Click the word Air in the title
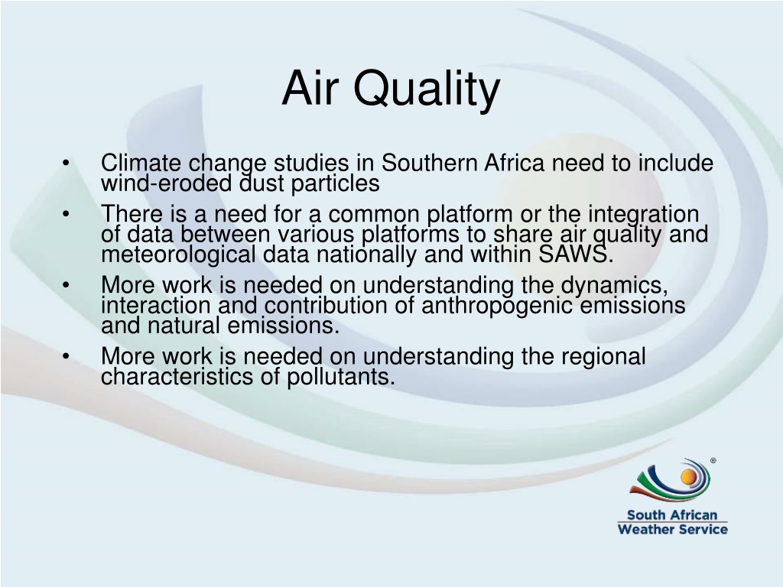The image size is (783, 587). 310,88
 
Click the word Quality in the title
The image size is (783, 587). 427,91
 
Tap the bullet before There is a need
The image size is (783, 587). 66,214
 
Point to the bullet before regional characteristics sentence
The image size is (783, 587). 66,356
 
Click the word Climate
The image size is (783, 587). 141,164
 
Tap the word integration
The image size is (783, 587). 643,215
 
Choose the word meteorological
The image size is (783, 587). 178,255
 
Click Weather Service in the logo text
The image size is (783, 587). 672,529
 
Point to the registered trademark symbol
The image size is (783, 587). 713,460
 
